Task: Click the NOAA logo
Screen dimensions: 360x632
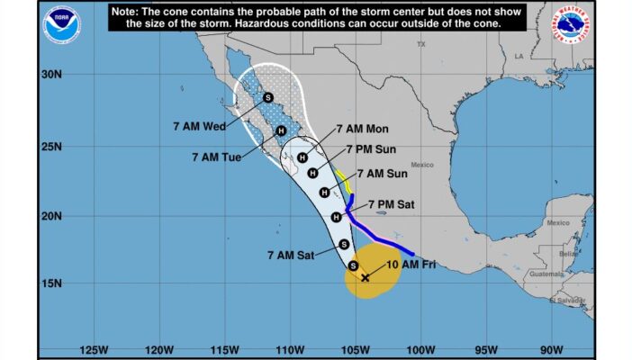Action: coord(60,24)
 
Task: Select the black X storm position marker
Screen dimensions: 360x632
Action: coord(365,277)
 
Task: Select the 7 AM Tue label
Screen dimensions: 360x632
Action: coord(216,157)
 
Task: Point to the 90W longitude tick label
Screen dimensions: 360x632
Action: coord(551,349)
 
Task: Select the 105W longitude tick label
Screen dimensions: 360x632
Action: coord(355,349)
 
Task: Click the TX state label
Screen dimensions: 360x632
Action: coord(420,44)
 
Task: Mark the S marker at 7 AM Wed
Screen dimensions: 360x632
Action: coord(268,98)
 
